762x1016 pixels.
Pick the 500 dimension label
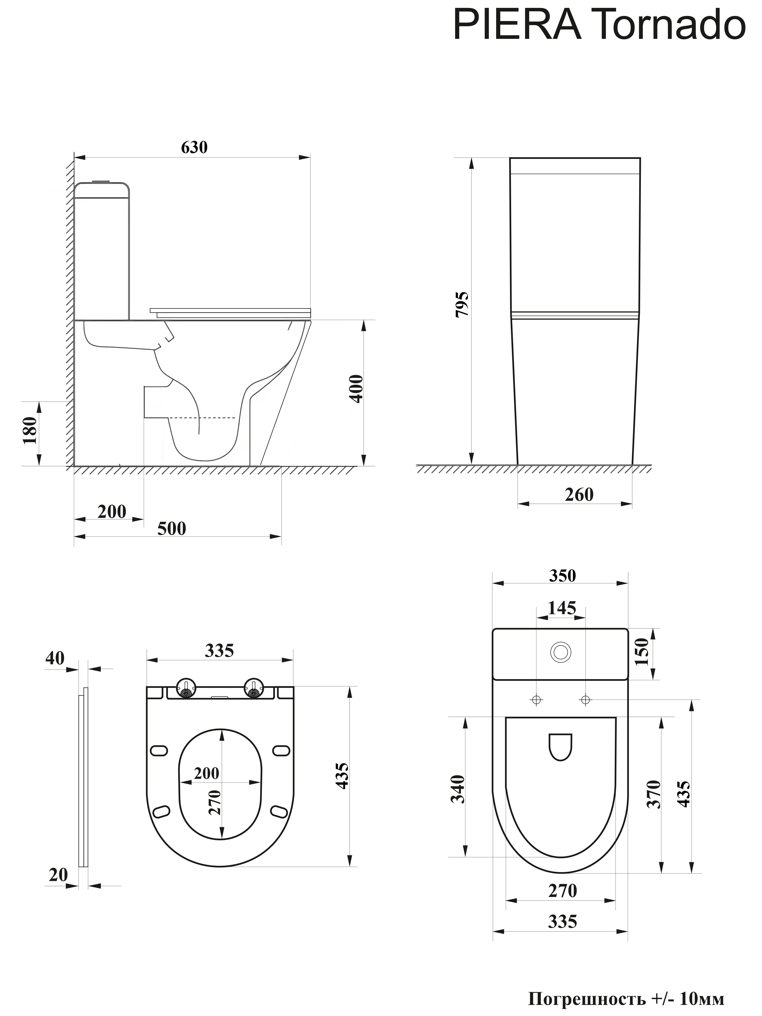172,529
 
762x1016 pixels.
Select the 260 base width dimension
579,495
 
